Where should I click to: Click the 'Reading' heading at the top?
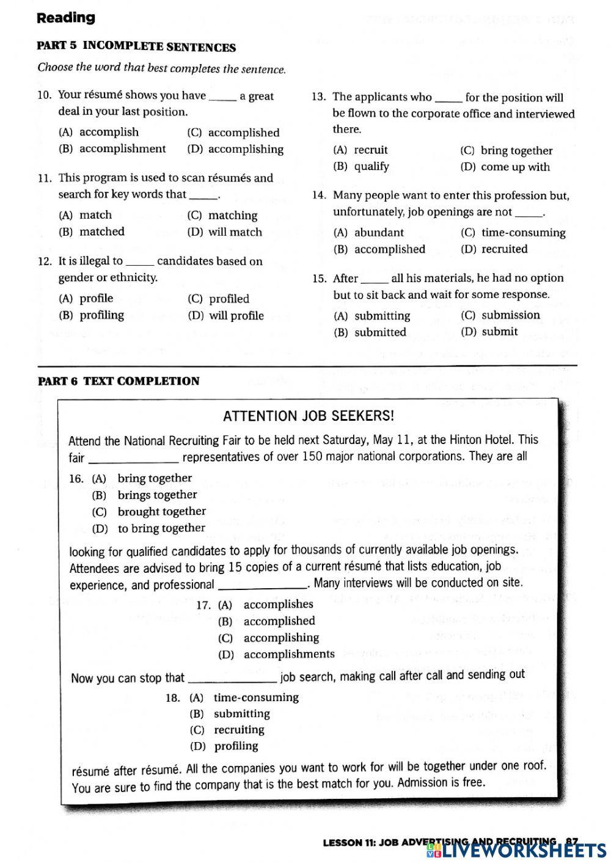pos(66,18)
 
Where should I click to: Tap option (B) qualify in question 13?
pos(361,166)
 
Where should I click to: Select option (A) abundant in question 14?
pos(368,232)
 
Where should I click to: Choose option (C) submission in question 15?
pos(500,315)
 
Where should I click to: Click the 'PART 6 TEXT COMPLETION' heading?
pos(119,381)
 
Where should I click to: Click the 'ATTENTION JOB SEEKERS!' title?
pos(309,416)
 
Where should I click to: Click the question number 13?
pos(318,97)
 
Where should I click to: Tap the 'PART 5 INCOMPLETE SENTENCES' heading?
pos(136,47)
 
